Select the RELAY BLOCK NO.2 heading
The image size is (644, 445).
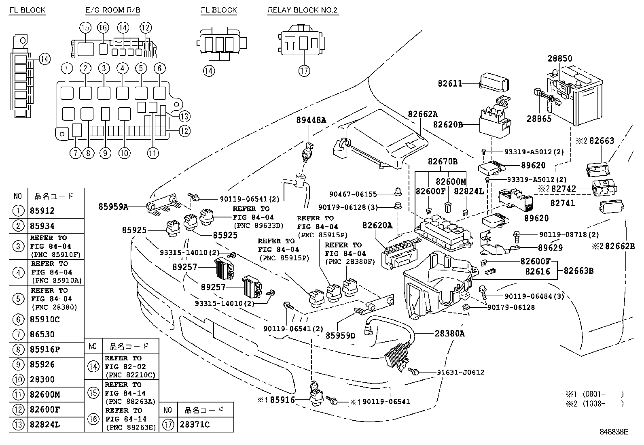click(x=302, y=10)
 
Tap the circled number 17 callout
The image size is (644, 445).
click(x=304, y=71)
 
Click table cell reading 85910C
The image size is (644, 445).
click(x=44, y=319)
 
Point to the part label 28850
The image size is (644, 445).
click(x=560, y=58)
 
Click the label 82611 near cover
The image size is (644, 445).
click(x=450, y=83)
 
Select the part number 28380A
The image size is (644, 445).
click(x=450, y=334)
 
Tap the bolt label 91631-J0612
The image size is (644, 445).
click(x=460, y=372)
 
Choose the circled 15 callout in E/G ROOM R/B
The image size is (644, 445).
click(x=85, y=28)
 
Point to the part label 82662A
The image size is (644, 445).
click(x=423, y=115)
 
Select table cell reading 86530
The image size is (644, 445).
click(x=42, y=334)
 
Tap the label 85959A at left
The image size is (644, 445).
click(x=113, y=207)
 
